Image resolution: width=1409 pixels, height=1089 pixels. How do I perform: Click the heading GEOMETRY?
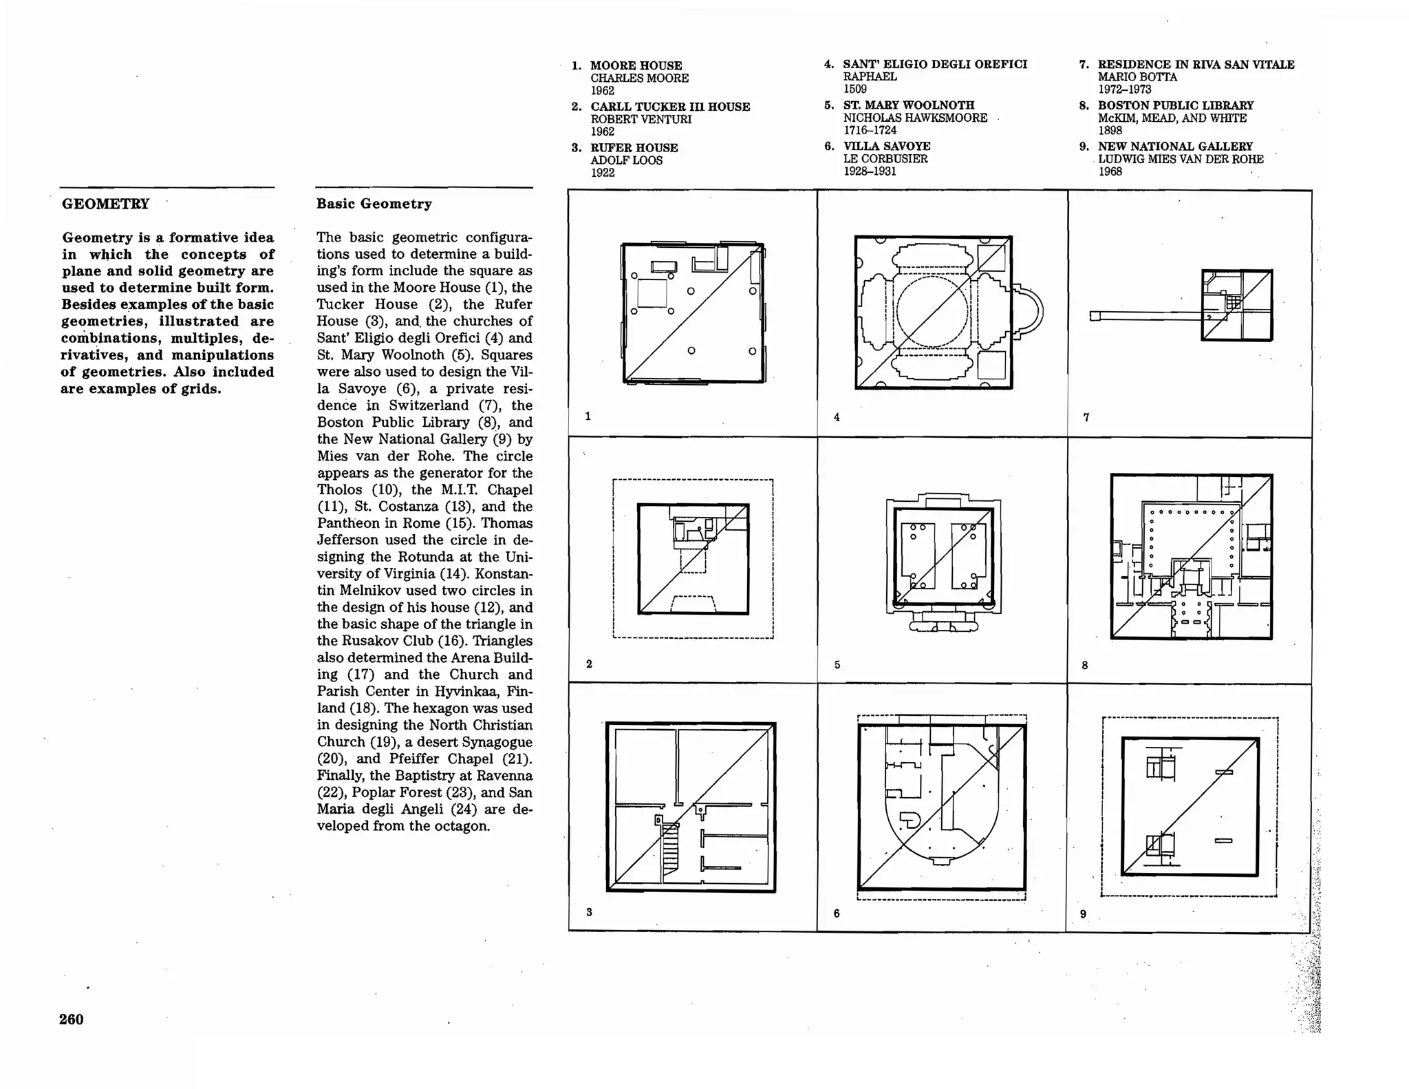point(105,204)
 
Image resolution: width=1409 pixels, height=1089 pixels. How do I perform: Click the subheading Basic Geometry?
point(374,204)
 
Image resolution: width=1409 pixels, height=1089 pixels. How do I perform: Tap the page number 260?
point(71,1019)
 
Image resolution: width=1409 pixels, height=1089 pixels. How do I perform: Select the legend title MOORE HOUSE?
point(636,65)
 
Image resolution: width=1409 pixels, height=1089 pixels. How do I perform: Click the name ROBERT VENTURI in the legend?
point(641,119)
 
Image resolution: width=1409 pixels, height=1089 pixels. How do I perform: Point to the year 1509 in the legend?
point(854,89)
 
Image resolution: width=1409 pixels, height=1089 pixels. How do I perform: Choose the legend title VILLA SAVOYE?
point(886,146)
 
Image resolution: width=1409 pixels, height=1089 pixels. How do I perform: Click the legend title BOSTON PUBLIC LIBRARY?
point(1175,105)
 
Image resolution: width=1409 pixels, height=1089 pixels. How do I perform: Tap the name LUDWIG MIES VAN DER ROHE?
point(1180,159)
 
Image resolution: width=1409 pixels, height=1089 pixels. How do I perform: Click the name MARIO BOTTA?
point(1137,77)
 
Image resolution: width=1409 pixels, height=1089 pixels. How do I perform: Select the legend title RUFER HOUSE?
point(634,147)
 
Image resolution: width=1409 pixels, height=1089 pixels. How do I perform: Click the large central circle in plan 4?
point(932,312)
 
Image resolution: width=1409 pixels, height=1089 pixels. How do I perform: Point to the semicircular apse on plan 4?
point(1030,311)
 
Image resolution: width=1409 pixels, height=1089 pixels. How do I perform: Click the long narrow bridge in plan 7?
point(1146,316)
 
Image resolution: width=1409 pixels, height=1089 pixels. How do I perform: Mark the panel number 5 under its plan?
point(837,665)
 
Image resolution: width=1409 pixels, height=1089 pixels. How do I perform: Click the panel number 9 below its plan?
point(1083,914)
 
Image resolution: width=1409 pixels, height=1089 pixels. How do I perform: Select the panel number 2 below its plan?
point(589,664)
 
